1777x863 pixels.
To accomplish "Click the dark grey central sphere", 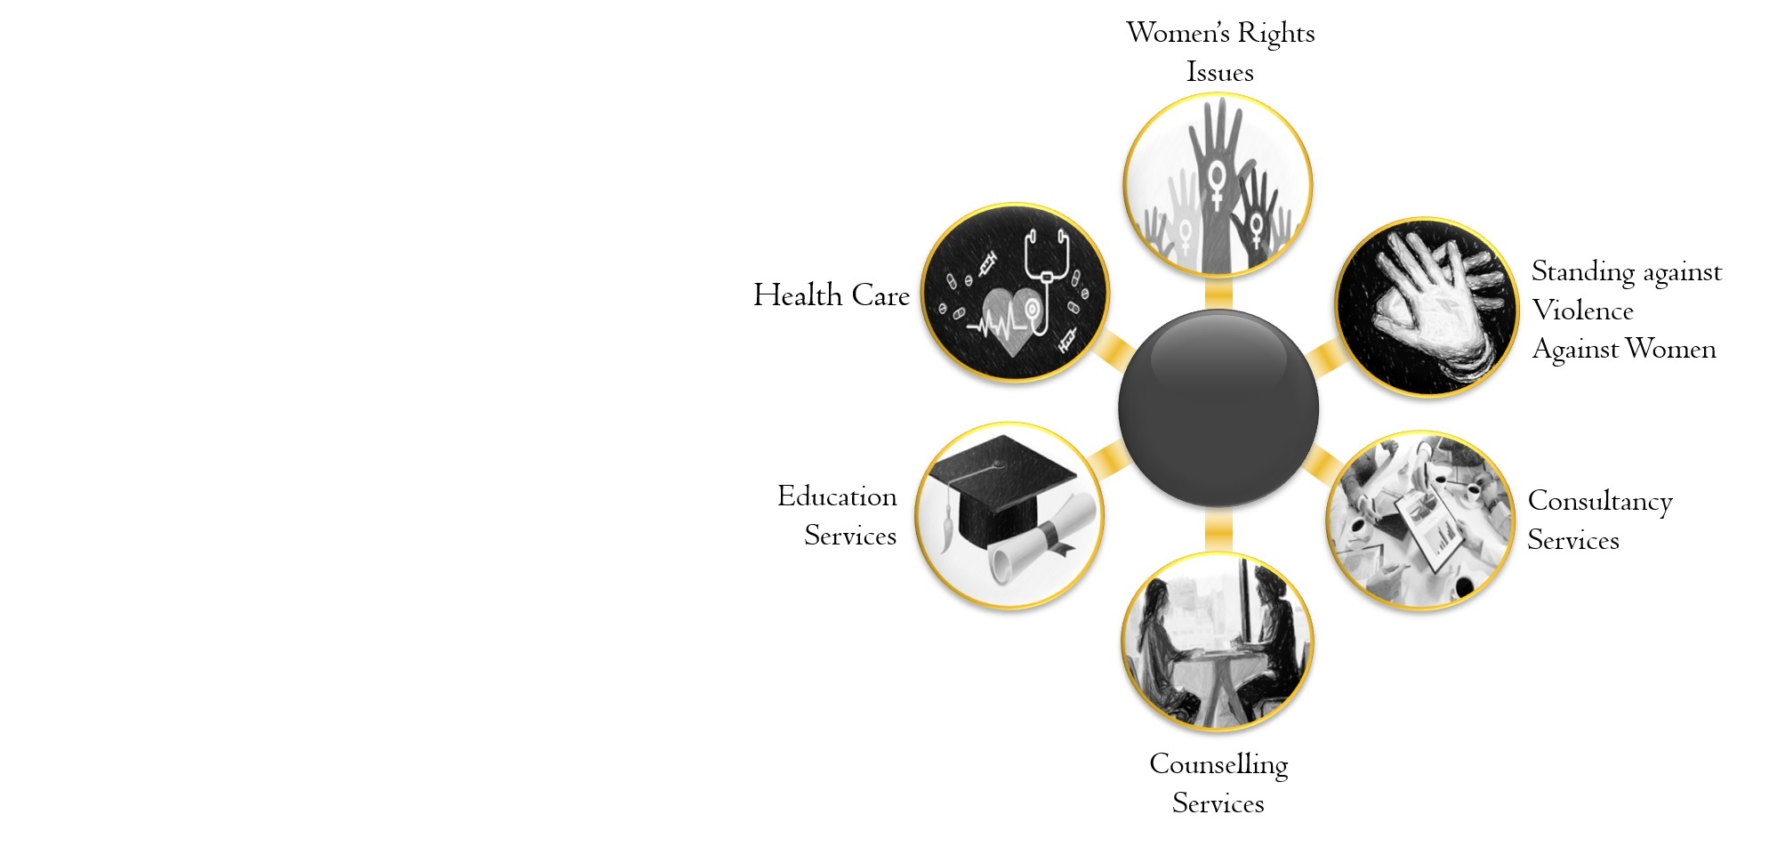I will (1218, 408).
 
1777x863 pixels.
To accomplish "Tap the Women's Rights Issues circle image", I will (1218, 185).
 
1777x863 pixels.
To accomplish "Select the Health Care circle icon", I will (1015, 293).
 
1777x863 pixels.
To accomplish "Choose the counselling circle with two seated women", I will (1218, 641).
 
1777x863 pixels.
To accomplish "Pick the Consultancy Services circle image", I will (1419, 520).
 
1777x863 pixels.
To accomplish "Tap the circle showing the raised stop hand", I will (1427, 307).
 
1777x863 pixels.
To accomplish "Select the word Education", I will (837, 496).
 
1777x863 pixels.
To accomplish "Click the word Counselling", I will (1218, 764).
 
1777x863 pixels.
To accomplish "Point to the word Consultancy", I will (1599, 502).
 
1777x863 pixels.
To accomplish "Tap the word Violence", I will (1582, 311).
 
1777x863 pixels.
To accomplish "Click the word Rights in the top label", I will (1275, 34).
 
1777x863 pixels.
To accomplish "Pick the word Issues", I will (1219, 72).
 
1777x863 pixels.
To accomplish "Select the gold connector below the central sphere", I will (1218, 531).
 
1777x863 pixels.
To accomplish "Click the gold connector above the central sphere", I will (1218, 294).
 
